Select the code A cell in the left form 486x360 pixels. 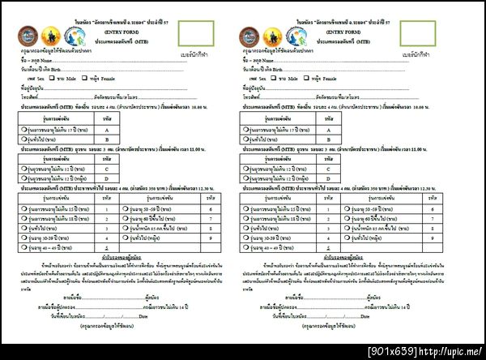106,129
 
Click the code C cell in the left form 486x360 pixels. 106,168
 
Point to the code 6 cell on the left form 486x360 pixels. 211,209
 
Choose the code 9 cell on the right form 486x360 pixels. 444,238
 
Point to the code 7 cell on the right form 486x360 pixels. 444,219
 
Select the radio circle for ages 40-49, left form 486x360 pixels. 12,248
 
